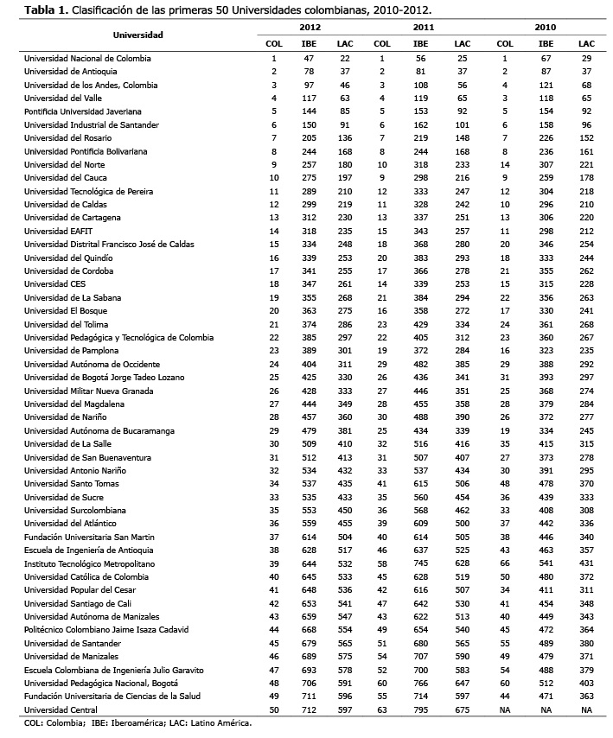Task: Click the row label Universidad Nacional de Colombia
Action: coord(87,58)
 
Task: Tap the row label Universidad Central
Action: coord(58,709)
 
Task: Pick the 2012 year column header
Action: coord(309,28)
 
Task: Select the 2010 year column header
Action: coord(546,28)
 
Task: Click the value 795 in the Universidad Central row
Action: coord(421,709)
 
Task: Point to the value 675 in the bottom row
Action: coord(462,709)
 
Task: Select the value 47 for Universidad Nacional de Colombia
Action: coord(308,58)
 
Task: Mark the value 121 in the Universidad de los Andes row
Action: coord(546,85)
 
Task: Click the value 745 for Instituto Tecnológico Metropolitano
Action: coord(421,563)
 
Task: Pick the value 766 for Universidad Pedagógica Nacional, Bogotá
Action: coord(421,683)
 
